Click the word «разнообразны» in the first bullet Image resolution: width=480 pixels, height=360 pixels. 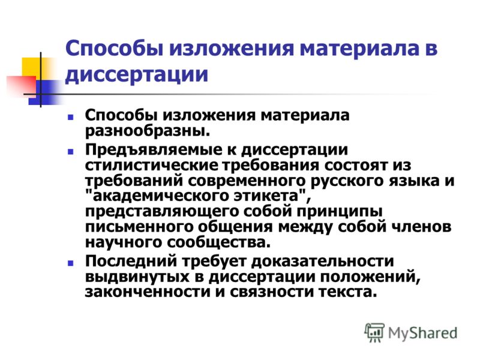pos(147,131)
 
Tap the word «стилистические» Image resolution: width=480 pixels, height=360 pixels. pos(152,166)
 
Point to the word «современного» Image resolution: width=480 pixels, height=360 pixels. pos(247,181)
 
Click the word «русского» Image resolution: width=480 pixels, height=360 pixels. pos(347,182)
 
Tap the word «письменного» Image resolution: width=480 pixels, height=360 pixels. pos(139,227)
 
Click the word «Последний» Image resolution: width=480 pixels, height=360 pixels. pos(131,262)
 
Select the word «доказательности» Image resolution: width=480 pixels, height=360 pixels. pos(322,262)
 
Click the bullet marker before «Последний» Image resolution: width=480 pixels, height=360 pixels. pos(71,263)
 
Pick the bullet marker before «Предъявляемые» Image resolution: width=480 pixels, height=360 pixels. pos(71,152)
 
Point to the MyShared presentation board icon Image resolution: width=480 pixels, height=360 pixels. pos(374,332)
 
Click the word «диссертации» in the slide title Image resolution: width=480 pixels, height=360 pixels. pos(137,74)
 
